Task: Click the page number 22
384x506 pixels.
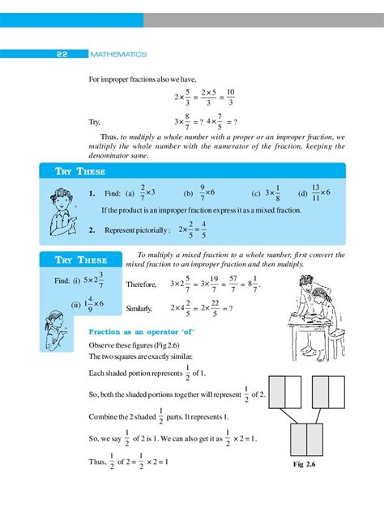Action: pyautogui.click(x=62, y=54)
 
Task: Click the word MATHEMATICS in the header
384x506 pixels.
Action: pyautogui.click(x=119, y=54)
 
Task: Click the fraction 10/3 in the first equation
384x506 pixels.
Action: pyautogui.click(x=230, y=97)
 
